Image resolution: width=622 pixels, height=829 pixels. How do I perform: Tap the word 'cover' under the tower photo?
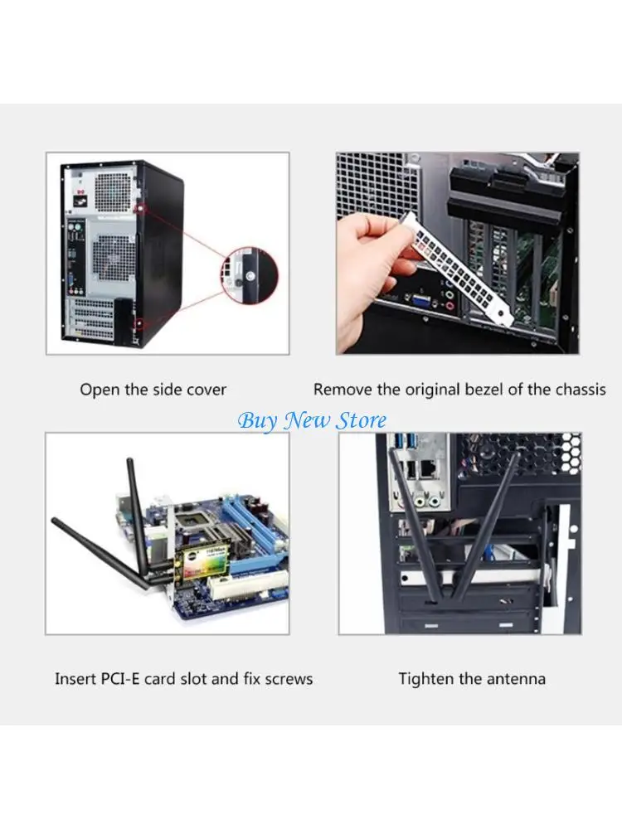tap(205, 389)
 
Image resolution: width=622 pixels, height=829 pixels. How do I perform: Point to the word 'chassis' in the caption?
tap(578, 389)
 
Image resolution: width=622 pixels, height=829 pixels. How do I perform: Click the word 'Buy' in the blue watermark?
tap(257, 420)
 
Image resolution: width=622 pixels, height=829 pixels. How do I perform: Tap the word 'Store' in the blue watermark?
tap(361, 420)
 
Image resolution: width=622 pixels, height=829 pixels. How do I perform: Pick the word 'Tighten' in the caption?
tap(426, 679)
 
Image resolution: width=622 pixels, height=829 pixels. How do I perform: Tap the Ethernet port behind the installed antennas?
tap(429, 468)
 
